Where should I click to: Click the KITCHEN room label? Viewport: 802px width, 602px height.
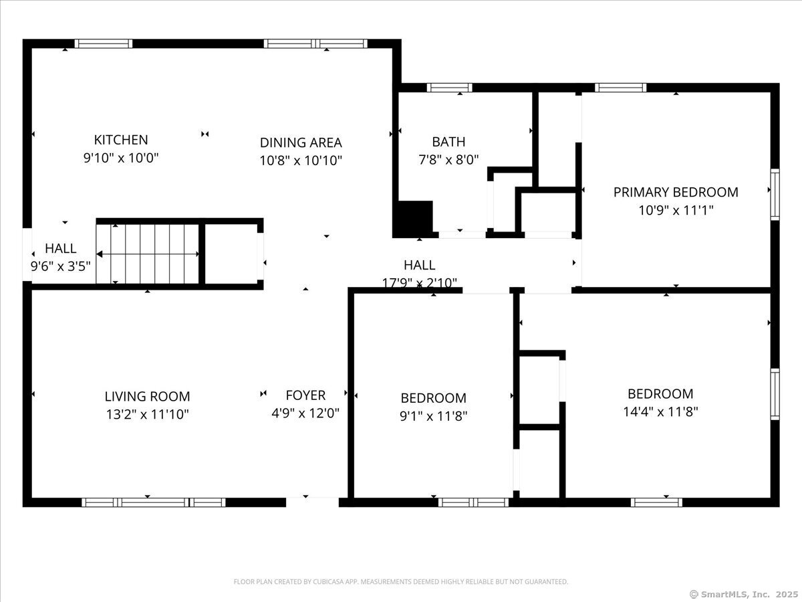121,140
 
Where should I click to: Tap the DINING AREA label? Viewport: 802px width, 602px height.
301,142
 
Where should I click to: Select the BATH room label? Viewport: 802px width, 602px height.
448,142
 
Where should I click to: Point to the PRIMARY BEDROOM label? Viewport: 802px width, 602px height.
676,192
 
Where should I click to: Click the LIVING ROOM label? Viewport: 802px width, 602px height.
147,397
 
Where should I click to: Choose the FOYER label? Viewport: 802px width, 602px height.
305,395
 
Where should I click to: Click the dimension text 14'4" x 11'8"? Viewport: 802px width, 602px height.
660,412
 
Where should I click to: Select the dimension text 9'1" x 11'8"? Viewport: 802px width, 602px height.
433,416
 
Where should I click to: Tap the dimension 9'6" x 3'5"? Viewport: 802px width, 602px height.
61,266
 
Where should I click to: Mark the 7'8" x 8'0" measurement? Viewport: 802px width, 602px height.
448,160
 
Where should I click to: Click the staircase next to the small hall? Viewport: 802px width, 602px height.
148,254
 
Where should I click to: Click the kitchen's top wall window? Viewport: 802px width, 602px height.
104,44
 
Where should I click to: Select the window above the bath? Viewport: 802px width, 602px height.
449,88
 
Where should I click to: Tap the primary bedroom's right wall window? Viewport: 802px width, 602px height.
775,195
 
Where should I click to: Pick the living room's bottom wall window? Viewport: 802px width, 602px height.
154,502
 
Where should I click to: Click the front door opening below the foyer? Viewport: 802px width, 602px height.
312,502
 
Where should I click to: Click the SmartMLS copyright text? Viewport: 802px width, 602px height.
744,594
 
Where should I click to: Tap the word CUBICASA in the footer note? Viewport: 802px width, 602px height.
327,581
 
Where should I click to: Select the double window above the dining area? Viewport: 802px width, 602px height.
315,44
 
